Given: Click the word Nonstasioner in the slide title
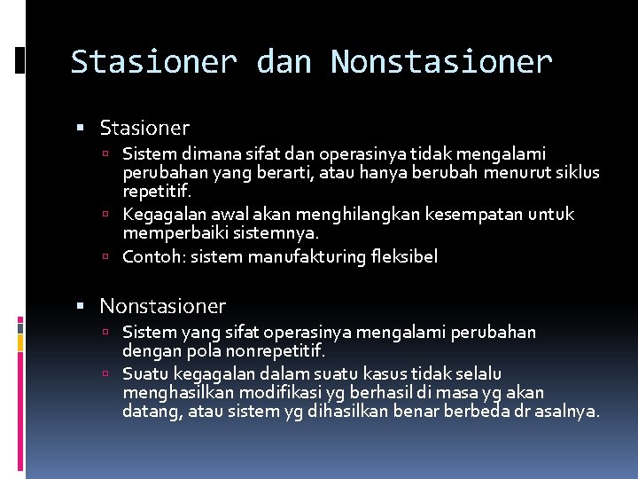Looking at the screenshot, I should click(x=441, y=62).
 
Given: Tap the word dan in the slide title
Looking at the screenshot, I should click(x=284, y=62).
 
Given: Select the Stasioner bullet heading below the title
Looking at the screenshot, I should click(x=144, y=129).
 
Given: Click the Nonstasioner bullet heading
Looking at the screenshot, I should click(x=162, y=307).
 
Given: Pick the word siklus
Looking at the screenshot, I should click(x=578, y=172).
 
